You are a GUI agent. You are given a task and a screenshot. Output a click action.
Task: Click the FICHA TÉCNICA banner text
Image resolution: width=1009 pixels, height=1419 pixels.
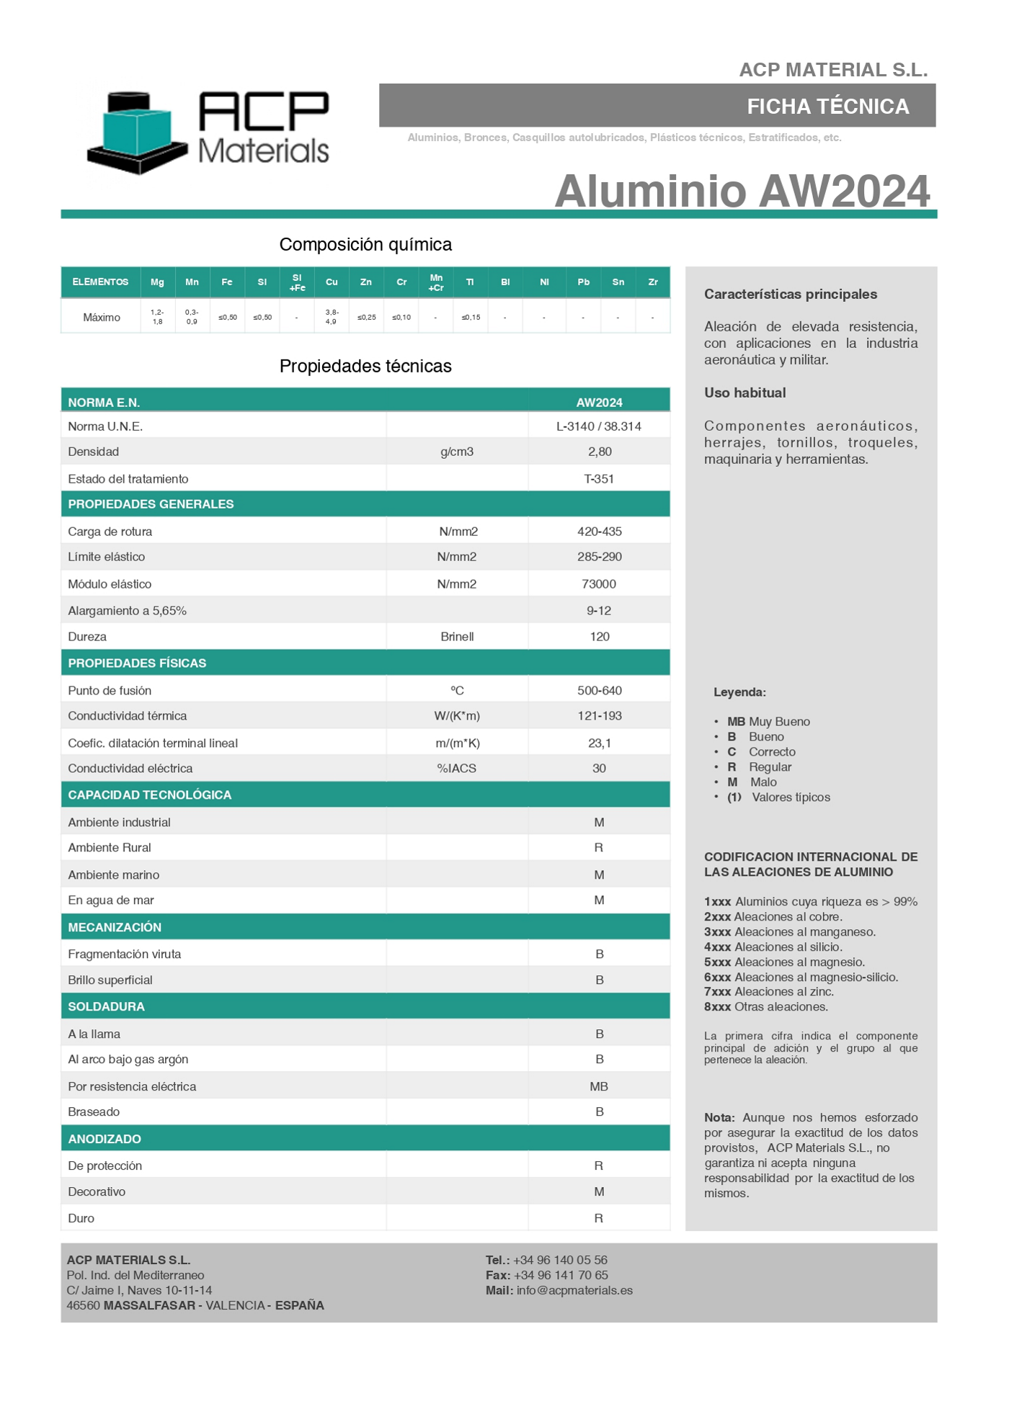coord(827,107)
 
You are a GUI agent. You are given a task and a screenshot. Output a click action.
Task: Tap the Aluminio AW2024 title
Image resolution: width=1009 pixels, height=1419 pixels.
coord(742,191)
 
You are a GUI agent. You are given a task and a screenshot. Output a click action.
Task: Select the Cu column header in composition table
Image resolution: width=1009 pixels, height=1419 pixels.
coord(332,282)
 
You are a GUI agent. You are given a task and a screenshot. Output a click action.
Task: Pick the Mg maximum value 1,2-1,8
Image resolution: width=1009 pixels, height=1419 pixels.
coord(157,317)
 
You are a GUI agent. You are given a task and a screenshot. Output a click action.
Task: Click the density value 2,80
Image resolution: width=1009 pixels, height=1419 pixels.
coord(599,452)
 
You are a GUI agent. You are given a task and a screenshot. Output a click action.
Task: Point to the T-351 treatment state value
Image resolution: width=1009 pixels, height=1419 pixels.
coord(598,479)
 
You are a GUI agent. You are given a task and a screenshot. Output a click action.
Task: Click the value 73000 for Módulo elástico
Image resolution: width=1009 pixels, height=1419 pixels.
coord(598,584)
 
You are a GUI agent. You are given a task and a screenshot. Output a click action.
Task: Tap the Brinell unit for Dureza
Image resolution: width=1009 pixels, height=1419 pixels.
coord(457,637)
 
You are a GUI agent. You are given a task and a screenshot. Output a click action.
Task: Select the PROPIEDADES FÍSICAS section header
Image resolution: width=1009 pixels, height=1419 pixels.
coord(137,663)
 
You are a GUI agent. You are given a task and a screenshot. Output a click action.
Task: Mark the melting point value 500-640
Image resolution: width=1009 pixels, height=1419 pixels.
coord(599,691)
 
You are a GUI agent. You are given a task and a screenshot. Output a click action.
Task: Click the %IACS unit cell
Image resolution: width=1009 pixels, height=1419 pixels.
coord(457,769)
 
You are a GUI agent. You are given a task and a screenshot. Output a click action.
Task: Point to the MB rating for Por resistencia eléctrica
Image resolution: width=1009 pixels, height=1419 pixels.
coord(598,1086)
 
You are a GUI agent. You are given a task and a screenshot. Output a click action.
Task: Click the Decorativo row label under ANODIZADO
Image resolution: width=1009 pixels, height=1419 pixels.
coord(97,1192)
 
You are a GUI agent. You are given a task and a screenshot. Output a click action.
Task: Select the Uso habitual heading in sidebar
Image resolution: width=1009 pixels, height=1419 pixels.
coord(744,393)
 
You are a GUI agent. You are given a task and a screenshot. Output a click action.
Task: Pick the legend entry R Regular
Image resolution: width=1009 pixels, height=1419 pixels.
coord(760,767)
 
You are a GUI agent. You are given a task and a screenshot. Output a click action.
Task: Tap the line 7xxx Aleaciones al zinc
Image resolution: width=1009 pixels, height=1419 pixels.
coord(768,992)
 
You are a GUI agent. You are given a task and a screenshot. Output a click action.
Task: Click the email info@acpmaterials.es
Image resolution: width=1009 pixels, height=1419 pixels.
coord(574,1290)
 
